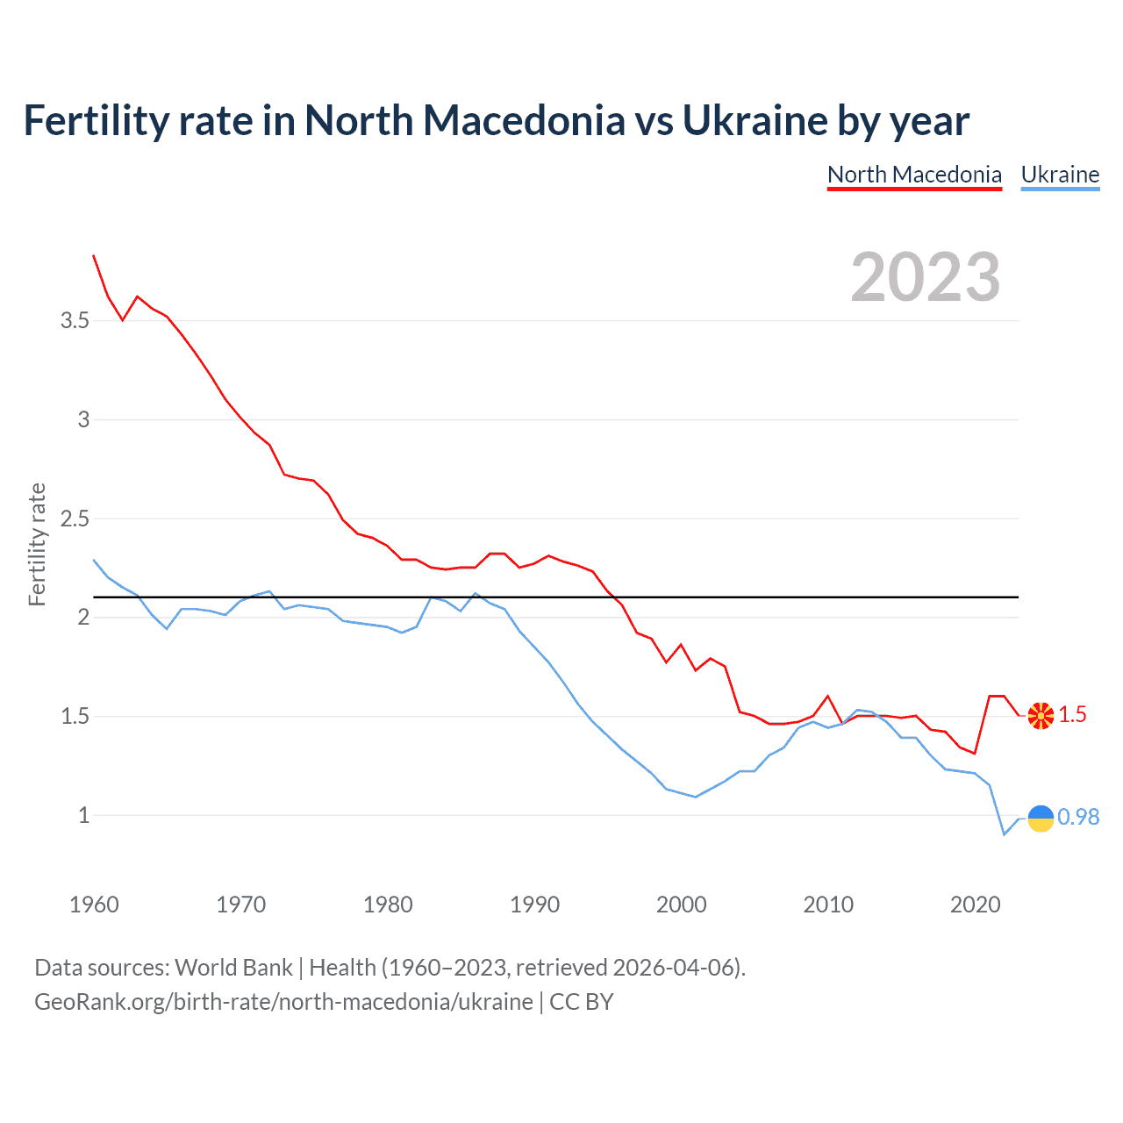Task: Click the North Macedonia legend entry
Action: pyautogui.click(x=914, y=175)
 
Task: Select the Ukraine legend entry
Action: pyautogui.click(x=1060, y=175)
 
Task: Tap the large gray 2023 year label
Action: pyautogui.click(x=926, y=277)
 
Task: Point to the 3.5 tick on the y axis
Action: pyautogui.click(x=75, y=321)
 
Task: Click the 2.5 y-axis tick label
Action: pyautogui.click(x=75, y=519)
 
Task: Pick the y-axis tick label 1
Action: pyautogui.click(x=84, y=815)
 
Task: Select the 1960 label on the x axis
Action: pyautogui.click(x=94, y=905)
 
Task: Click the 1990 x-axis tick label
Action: pyautogui.click(x=534, y=905)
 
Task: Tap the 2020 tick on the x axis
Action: pyautogui.click(x=975, y=905)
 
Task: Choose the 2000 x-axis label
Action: pyautogui.click(x=681, y=905)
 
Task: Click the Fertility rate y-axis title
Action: pyautogui.click(x=37, y=544)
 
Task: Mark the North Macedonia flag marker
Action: pyautogui.click(x=1041, y=716)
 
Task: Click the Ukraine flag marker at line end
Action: pyautogui.click(x=1041, y=818)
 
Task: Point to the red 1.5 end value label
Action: pyautogui.click(x=1072, y=715)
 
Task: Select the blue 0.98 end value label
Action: pyautogui.click(x=1078, y=817)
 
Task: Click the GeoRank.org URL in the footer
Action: pyautogui.click(x=283, y=1002)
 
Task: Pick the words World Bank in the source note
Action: pyautogui.click(x=233, y=968)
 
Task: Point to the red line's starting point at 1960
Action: pyautogui.click(x=94, y=255)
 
